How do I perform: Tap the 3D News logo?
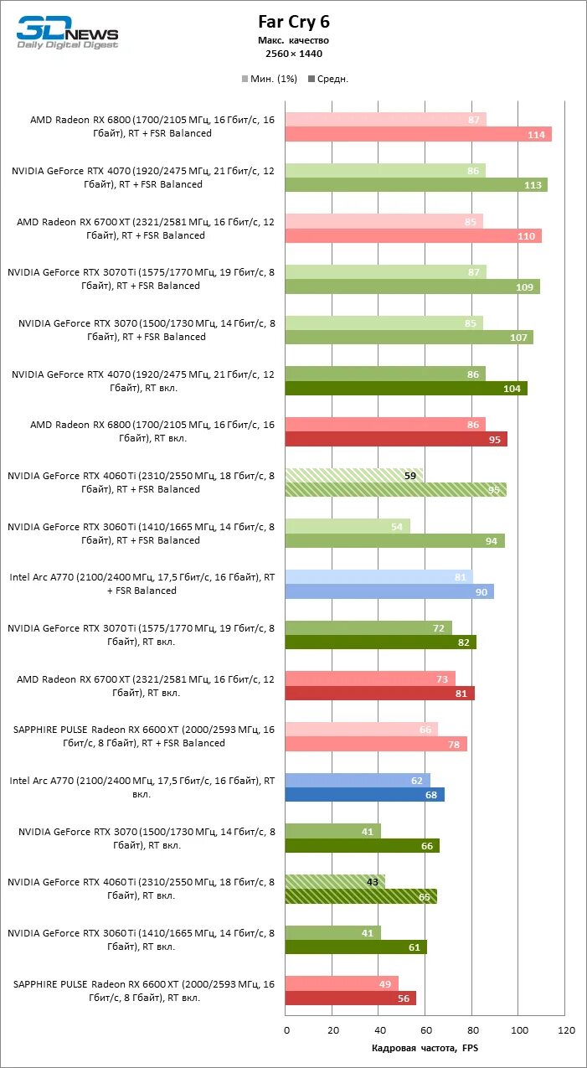[67, 34]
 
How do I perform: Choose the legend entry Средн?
[328, 80]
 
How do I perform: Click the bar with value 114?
[418, 135]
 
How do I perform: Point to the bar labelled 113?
[416, 185]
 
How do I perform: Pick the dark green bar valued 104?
[406, 389]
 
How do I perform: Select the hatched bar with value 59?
[353, 475]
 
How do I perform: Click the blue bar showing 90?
[389, 591]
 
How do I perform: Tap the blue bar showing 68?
[364, 795]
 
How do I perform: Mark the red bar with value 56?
[350, 998]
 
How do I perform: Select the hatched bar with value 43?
[335, 882]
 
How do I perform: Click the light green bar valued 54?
[348, 526]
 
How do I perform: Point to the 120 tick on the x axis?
[566, 1029]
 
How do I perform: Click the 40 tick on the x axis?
[379, 1029]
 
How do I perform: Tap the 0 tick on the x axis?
[286, 1029]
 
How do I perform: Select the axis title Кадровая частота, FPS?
[425, 1048]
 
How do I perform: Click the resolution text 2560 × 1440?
[293, 54]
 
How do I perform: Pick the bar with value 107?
[409, 338]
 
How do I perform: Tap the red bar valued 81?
[379, 694]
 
